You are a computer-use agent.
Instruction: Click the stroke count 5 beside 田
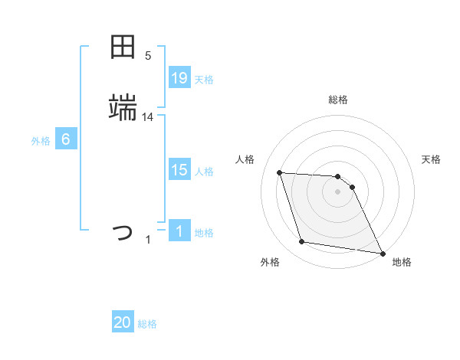pyautogui.click(x=148, y=56)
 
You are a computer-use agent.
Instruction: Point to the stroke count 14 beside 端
pyautogui.click(x=148, y=117)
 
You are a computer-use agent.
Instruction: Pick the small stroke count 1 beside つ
pyautogui.click(x=148, y=240)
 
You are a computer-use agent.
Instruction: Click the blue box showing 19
pyautogui.click(x=179, y=78)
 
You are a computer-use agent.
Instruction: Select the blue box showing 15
pyautogui.click(x=179, y=170)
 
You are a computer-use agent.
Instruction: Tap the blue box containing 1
pyautogui.click(x=179, y=231)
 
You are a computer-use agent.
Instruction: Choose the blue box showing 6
pyautogui.click(x=66, y=139)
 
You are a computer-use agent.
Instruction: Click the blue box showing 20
pyautogui.click(x=123, y=322)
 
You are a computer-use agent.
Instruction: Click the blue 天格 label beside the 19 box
pyautogui.click(x=204, y=79)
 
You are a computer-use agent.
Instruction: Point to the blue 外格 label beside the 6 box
pyautogui.click(x=41, y=140)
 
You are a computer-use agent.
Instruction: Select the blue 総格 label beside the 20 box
pyautogui.click(x=147, y=323)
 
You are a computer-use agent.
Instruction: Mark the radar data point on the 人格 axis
pyautogui.click(x=280, y=172)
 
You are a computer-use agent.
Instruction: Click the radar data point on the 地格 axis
pyautogui.click(x=382, y=253)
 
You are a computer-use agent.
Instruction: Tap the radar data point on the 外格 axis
pyautogui.click(x=302, y=242)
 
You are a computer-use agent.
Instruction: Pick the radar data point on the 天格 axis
pyautogui.click(x=352, y=187)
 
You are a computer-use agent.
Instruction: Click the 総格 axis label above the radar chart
pyautogui.click(x=338, y=100)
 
